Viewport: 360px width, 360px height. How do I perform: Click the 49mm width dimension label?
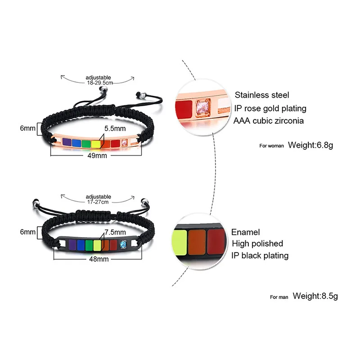pyautogui.click(x=97, y=156)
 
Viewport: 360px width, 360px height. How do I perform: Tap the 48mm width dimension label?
pyautogui.click(x=99, y=259)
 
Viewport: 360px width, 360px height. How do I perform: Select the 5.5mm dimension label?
pyautogui.click(x=115, y=129)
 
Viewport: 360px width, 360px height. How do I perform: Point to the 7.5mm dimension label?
pyautogui.click(x=115, y=232)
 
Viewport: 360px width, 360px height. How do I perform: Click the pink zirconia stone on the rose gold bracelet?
pyautogui.click(x=125, y=143)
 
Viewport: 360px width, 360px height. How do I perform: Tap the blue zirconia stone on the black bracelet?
pyautogui.click(x=123, y=245)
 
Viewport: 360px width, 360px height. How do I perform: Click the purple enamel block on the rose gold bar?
pyautogui.click(x=67, y=142)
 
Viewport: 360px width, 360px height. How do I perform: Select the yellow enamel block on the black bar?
pyautogui.click(x=97, y=245)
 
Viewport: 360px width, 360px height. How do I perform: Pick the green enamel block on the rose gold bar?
pyautogui.click(x=86, y=144)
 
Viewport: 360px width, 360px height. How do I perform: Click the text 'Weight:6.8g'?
pyautogui.click(x=310, y=145)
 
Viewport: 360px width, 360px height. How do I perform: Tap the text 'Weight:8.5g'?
pyautogui.click(x=315, y=296)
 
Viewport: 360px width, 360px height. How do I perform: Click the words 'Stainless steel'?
pyautogui.click(x=262, y=95)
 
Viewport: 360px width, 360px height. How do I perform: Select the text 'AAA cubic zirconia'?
pyautogui.click(x=268, y=121)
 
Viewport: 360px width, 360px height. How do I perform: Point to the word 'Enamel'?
pyautogui.click(x=245, y=232)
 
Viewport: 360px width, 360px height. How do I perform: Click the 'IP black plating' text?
pyautogui.click(x=260, y=256)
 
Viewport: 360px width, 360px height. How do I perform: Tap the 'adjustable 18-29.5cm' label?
pyautogui.click(x=99, y=80)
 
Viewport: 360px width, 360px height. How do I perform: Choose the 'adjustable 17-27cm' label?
pyautogui.click(x=98, y=199)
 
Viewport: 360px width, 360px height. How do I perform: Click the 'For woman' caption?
pyautogui.click(x=272, y=146)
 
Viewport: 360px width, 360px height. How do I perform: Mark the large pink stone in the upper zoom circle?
pyautogui.click(x=202, y=107)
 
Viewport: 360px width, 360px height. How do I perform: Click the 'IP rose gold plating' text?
pyautogui.click(x=270, y=108)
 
